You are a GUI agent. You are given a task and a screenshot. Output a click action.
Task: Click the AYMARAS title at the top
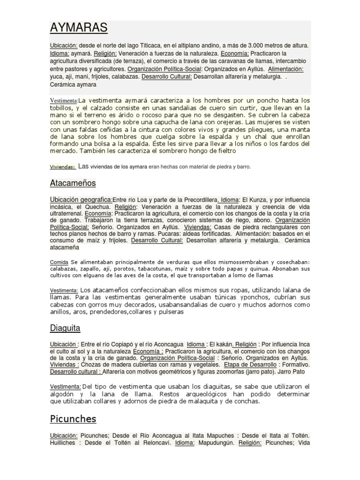[x=79, y=28]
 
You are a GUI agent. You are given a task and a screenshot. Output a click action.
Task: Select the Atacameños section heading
[x=73, y=182]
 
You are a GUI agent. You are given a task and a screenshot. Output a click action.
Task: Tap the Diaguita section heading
[x=65, y=328]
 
